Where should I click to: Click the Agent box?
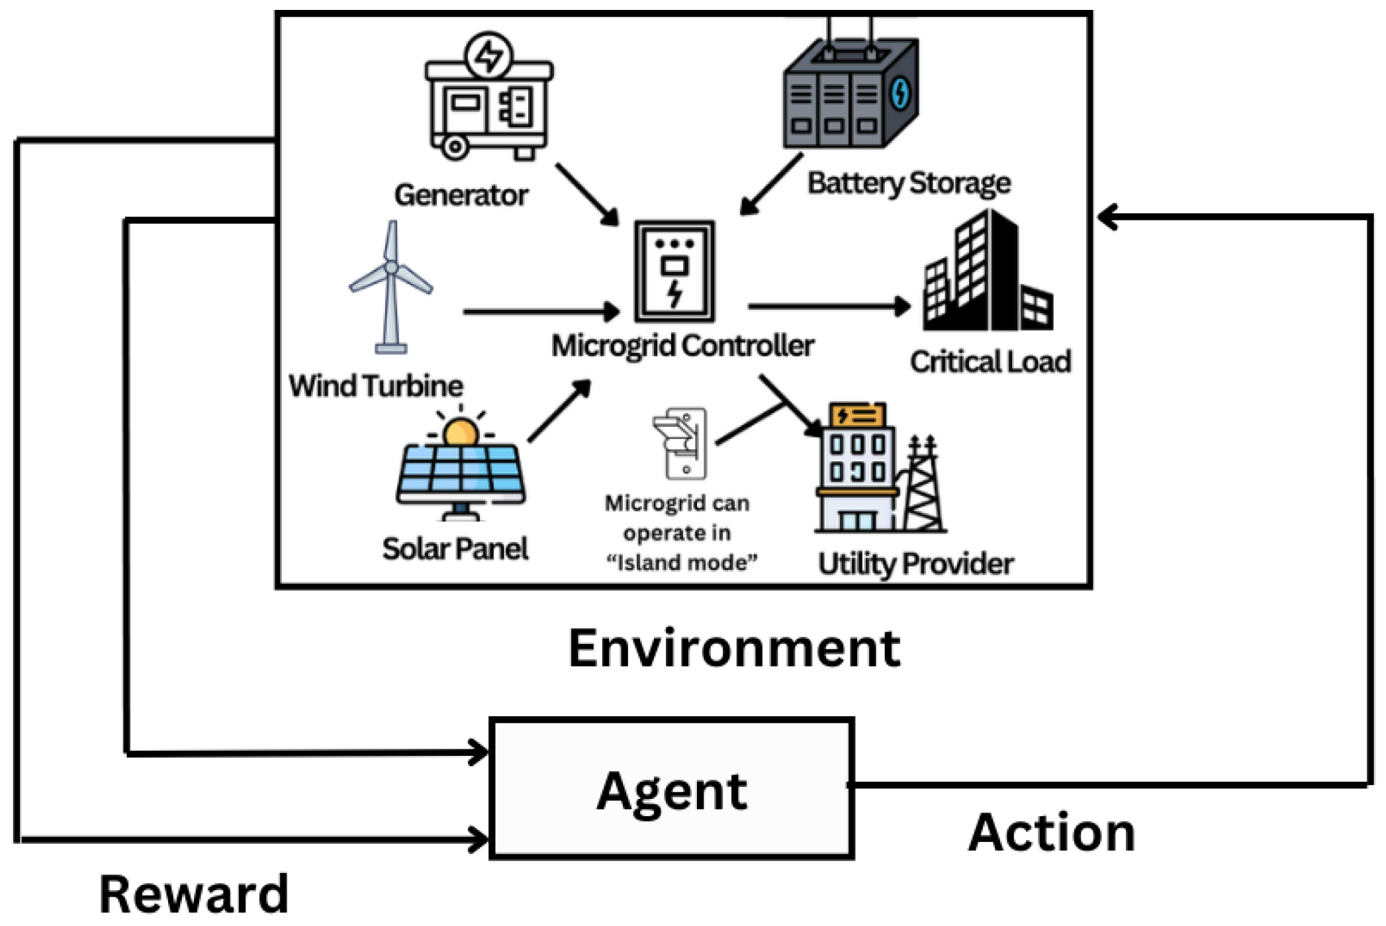click(x=671, y=788)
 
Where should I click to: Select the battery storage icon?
click(x=851, y=93)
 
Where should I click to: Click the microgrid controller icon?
click(x=674, y=271)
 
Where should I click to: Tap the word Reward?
click(x=193, y=894)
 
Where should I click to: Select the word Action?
click(x=1051, y=833)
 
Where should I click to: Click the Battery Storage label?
click(x=908, y=183)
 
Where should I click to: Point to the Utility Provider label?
click(x=915, y=564)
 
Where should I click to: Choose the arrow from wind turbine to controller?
click(x=539, y=311)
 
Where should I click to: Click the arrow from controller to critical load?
click(x=827, y=306)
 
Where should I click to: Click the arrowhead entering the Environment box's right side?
click(x=1107, y=217)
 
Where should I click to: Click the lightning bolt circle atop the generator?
click(x=488, y=56)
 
